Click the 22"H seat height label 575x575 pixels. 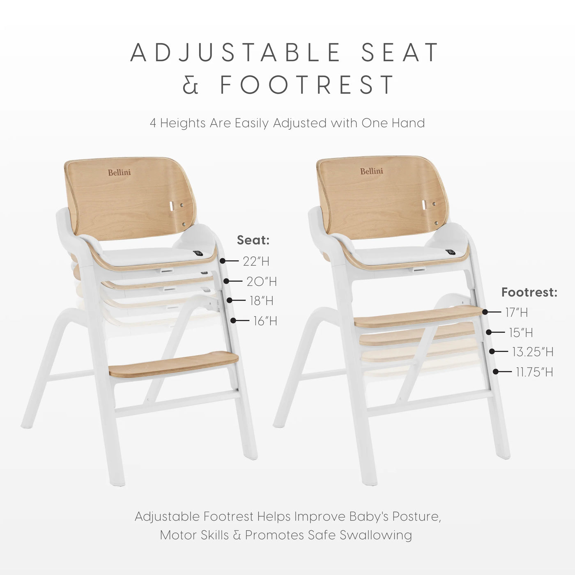pyautogui.click(x=256, y=261)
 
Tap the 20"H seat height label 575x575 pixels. pyautogui.click(x=262, y=281)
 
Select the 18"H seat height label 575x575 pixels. pyautogui.click(x=262, y=301)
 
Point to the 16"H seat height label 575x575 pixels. pyautogui.click(x=265, y=321)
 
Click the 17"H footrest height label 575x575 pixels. pyautogui.click(x=517, y=313)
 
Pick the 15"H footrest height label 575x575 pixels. pyautogui.click(x=521, y=332)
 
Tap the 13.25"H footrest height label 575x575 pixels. pyautogui.click(x=533, y=352)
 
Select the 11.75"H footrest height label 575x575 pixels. pyautogui.click(x=534, y=372)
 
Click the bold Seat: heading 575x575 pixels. pyautogui.click(x=253, y=240)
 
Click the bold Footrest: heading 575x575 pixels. pyautogui.click(x=529, y=292)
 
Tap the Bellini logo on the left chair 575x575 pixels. pyautogui.click(x=120, y=172)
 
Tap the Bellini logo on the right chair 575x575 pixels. pyautogui.click(x=372, y=171)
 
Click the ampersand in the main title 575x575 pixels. pyautogui.click(x=190, y=84)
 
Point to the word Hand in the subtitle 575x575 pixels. pyautogui.click(x=408, y=123)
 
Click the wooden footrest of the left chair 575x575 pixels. pyautogui.click(x=174, y=364)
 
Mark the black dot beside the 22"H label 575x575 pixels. pyautogui.click(x=223, y=261)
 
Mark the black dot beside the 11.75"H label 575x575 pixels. pyautogui.click(x=496, y=372)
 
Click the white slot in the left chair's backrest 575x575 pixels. pyautogui.click(x=172, y=206)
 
